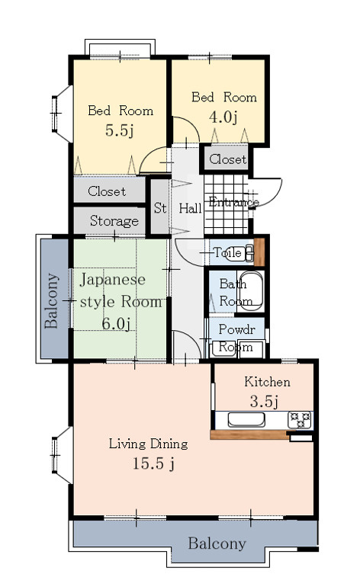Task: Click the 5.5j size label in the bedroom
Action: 120,130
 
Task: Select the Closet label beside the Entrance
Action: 227,159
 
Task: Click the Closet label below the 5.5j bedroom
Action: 107,191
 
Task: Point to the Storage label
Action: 114,221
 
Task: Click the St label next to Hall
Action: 160,207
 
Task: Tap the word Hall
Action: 190,208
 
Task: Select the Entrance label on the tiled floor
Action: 233,202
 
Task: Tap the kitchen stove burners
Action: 298,419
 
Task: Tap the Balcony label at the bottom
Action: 217,543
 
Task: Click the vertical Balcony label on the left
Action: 51,300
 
